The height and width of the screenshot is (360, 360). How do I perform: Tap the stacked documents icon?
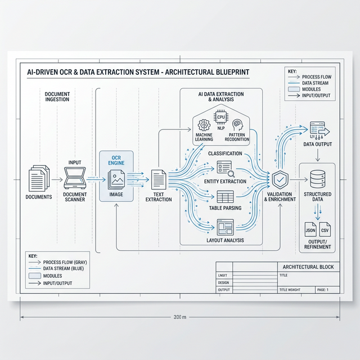[39, 178]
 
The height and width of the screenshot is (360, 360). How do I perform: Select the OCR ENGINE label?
[116, 160]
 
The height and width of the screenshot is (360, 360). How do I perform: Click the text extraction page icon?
[159, 180]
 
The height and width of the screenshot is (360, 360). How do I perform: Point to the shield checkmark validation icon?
[280, 181]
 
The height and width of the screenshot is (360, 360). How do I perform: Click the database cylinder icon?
[317, 178]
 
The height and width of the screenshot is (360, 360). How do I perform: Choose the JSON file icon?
[310, 230]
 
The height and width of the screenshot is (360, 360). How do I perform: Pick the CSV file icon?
[325, 230]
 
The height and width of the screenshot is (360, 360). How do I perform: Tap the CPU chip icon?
[220, 116]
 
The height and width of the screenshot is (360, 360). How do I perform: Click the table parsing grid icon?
[225, 197]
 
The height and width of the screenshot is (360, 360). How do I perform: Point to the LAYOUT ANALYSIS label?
[225, 240]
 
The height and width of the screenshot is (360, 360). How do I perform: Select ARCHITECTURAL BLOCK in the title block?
[308, 267]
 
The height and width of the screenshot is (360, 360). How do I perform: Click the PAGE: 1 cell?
[323, 290]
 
